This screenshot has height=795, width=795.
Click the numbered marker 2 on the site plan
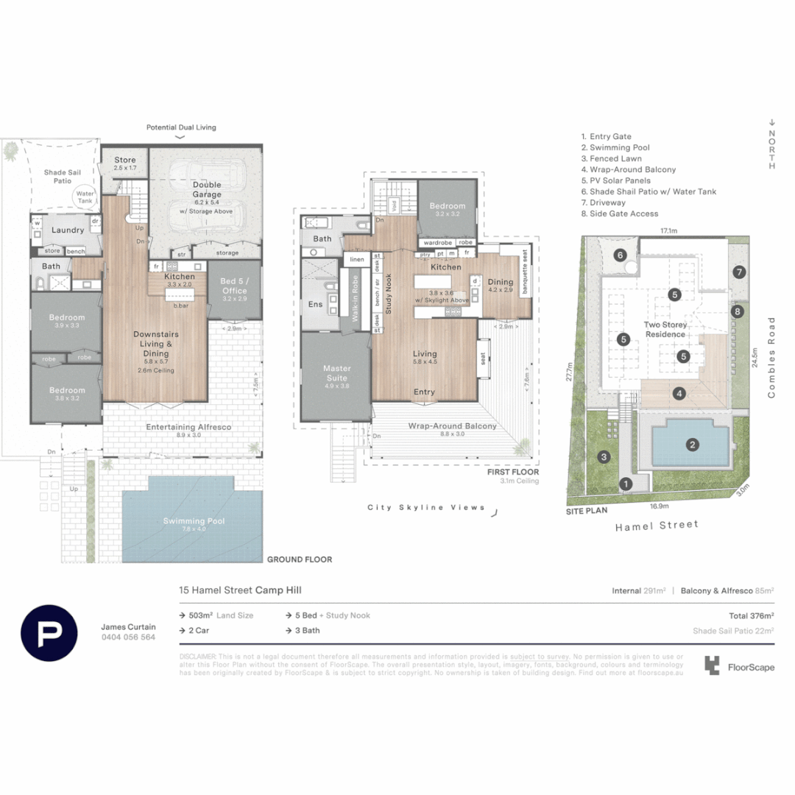[692, 444]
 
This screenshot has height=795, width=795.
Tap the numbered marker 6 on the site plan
[620, 255]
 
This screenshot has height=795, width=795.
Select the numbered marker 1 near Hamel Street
[626, 484]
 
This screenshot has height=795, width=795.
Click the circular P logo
[49, 632]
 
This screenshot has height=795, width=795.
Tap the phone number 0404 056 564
[128, 637]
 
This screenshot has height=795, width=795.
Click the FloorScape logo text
[750, 668]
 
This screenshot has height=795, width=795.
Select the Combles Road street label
[771, 358]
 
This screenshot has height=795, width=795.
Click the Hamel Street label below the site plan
[657, 525]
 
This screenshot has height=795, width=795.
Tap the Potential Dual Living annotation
[181, 127]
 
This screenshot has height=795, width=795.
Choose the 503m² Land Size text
[221, 615]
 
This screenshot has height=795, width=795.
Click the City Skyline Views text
[426, 507]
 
